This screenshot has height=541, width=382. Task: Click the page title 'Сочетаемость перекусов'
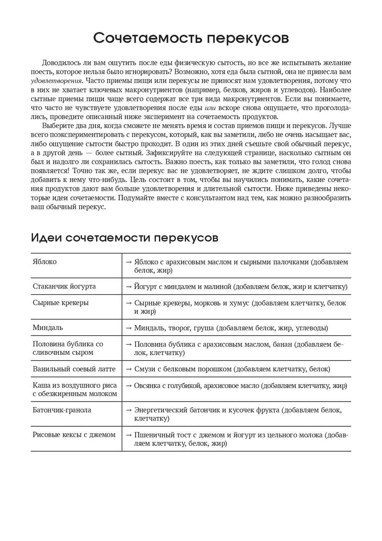[x=191, y=39]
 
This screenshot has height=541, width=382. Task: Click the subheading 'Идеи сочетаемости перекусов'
[x=125, y=238]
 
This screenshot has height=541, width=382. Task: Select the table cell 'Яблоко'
[x=45, y=262]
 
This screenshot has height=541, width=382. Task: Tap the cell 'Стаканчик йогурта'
[x=64, y=286]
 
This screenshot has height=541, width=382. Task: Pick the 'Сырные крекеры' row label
[x=61, y=303]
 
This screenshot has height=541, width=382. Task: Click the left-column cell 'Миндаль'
[x=48, y=328]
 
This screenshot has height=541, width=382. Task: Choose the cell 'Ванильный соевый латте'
[x=74, y=369]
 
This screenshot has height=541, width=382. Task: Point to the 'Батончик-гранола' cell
[x=62, y=410]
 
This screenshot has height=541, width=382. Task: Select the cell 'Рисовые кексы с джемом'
[x=74, y=435]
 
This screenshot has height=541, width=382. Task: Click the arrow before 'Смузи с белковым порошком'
[x=129, y=369]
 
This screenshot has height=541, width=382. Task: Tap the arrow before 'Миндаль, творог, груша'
[x=129, y=328]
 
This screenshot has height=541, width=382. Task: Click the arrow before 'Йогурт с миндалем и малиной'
[x=129, y=286]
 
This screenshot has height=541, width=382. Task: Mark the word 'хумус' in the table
[x=239, y=303]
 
